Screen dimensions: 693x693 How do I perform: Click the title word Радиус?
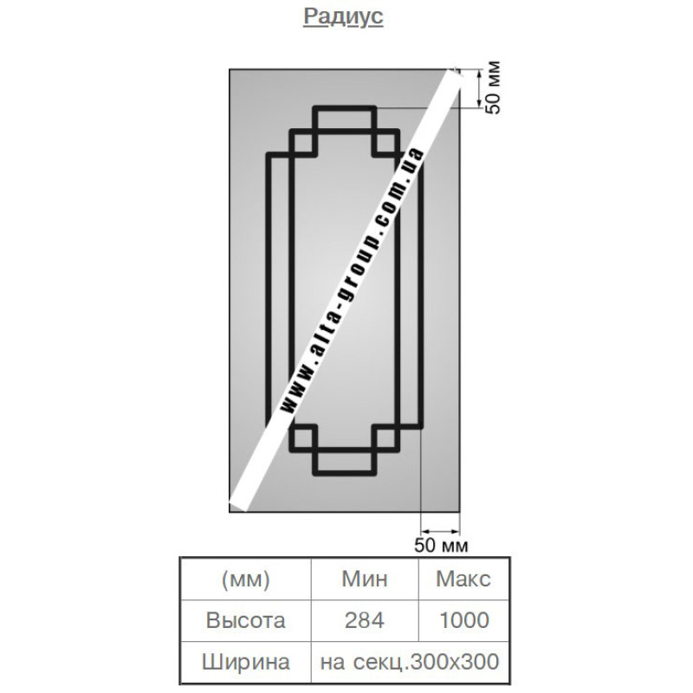pyautogui.click(x=343, y=17)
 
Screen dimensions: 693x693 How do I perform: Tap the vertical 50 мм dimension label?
pyautogui.click(x=493, y=87)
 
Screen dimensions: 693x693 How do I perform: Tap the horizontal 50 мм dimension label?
pyautogui.click(x=441, y=546)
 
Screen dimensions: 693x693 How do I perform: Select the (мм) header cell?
pyautogui.click(x=245, y=579)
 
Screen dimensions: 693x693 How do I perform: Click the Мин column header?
pyautogui.click(x=365, y=579)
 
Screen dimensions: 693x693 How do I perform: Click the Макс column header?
pyautogui.click(x=463, y=579)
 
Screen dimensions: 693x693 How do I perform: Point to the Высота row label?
pyautogui.click(x=245, y=620)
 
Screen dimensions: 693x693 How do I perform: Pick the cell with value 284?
pyautogui.click(x=365, y=620)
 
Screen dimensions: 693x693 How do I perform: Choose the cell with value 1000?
pyautogui.click(x=464, y=620)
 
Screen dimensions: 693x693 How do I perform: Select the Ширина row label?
pyautogui.click(x=246, y=662)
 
